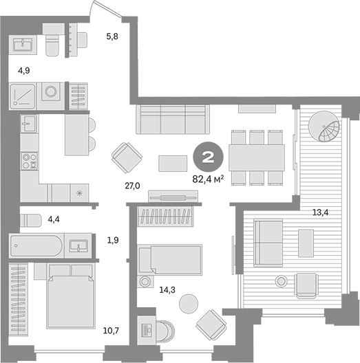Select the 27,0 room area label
[x=132, y=186]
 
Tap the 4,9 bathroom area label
[x=23, y=70]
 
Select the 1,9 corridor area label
[x=114, y=240]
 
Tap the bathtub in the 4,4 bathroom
[x=36, y=245]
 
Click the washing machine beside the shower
[x=51, y=93]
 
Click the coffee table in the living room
[x=172, y=163]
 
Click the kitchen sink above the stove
[x=29, y=124]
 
